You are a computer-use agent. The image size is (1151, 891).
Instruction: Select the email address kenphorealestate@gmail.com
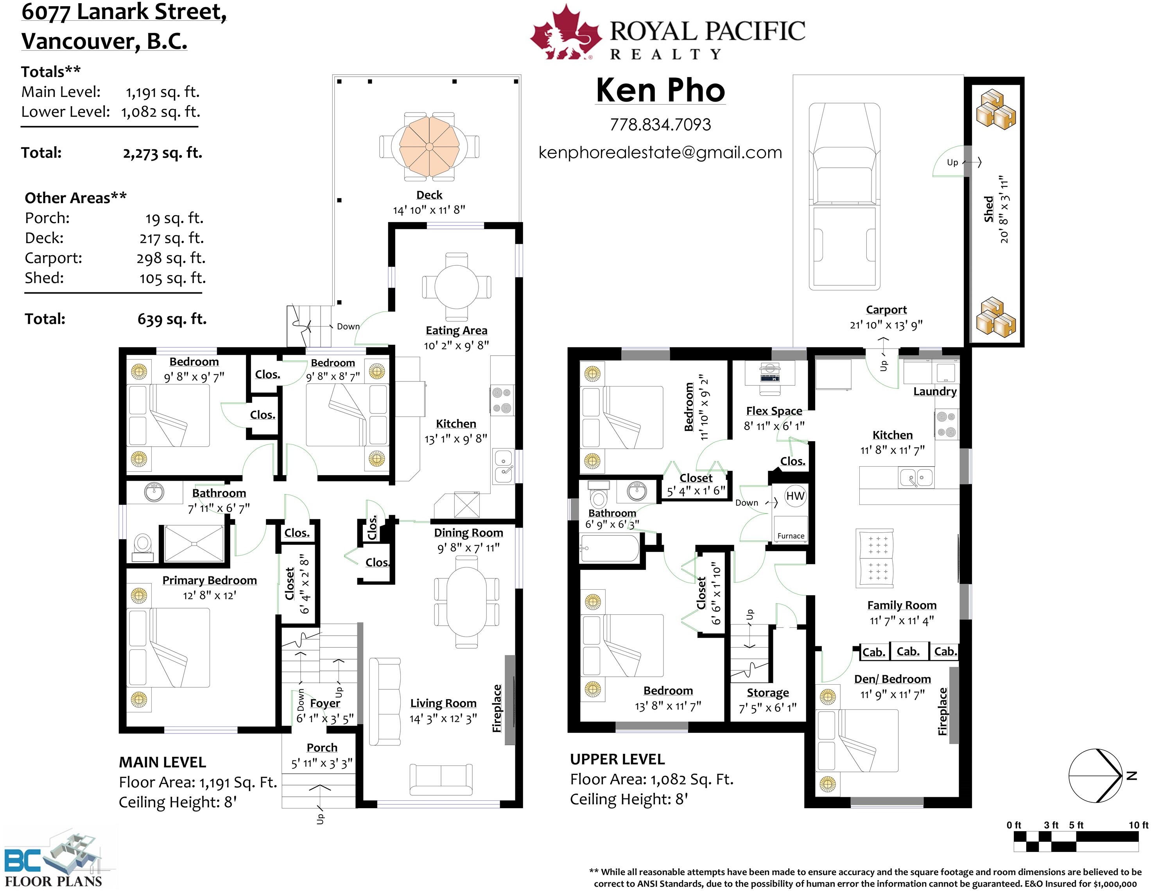pos(660,152)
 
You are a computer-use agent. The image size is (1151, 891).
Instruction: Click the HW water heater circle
pos(795,496)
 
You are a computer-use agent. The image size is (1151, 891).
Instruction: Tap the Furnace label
pos(791,536)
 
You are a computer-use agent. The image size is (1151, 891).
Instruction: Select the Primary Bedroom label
pos(209,580)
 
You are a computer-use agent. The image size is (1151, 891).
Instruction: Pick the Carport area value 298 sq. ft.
pos(171,258)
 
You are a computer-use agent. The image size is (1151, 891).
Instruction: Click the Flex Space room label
pos(774,411)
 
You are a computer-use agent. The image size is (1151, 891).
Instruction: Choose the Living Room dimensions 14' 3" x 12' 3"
pos(443,718)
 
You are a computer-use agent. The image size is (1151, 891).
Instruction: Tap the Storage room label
pos(768,693)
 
